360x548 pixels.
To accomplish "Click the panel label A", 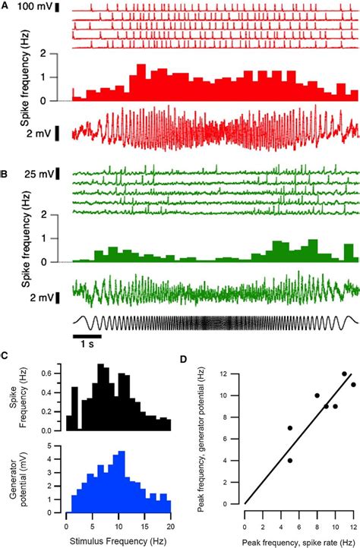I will pyautogui.click(x=5, y=5).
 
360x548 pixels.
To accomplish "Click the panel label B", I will pyautogui.click(x=5, y=175).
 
